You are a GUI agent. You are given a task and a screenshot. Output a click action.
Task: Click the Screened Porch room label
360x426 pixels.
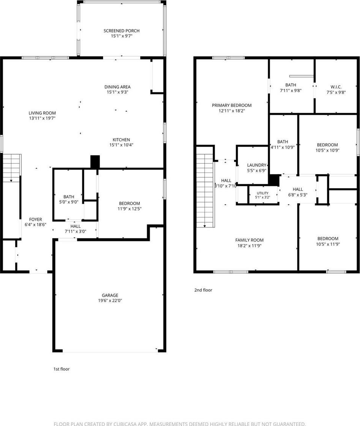point(122,31)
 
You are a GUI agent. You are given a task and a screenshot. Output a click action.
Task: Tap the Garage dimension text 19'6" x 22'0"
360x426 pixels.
point(110,300)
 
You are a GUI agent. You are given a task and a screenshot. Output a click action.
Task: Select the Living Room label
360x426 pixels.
point(42,113)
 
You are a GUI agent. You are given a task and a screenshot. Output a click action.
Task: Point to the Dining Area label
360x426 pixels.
point(117,87)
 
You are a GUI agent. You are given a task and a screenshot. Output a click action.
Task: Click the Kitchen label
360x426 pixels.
point(121,140)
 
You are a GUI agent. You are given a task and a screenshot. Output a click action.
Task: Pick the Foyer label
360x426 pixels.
point(36,219)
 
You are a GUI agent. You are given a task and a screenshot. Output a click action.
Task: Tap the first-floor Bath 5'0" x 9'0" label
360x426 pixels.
point(69,199)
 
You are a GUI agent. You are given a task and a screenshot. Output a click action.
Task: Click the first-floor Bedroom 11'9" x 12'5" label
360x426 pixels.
point(130,206)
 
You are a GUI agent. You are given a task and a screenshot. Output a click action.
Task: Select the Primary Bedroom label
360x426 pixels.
point(232,105)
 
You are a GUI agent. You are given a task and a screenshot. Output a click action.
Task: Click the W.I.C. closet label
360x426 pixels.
point(336,87)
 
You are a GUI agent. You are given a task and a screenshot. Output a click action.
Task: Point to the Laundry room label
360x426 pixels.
point(256,165)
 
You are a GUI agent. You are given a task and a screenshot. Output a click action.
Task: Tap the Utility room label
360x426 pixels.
point(263,193)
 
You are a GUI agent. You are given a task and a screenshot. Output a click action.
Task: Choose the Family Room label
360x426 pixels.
point(249,240)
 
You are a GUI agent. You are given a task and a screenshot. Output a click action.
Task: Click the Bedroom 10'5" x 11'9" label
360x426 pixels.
point(328,241)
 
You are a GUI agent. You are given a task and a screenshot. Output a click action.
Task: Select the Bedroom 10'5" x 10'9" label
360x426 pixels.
point(328,148)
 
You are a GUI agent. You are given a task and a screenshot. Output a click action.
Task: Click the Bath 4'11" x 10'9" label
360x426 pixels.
point(283,145)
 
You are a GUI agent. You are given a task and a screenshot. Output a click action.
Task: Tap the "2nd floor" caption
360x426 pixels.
point(203,290)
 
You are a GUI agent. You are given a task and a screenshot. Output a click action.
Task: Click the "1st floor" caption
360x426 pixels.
point(62,369)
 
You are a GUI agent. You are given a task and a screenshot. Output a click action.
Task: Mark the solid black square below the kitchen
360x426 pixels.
point(95,162)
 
